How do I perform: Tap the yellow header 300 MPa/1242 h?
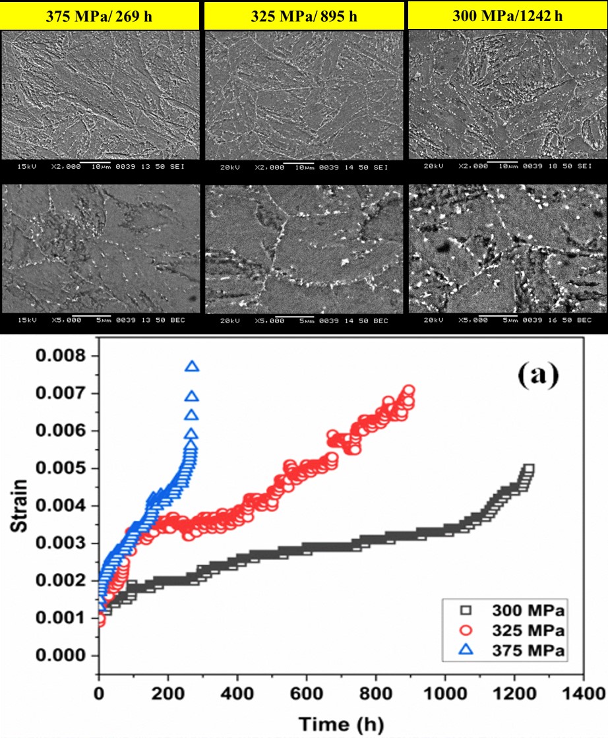pyautogui.click(x=507, y=15)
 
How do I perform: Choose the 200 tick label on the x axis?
pyautogui.click(x=168, y=694)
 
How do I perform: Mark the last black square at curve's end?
pyautogui.click(x=528, y=470)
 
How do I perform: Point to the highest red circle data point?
pyautogui.click(x=409, y=390)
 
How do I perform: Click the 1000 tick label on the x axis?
pyautogui.click(x=445, y=694)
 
